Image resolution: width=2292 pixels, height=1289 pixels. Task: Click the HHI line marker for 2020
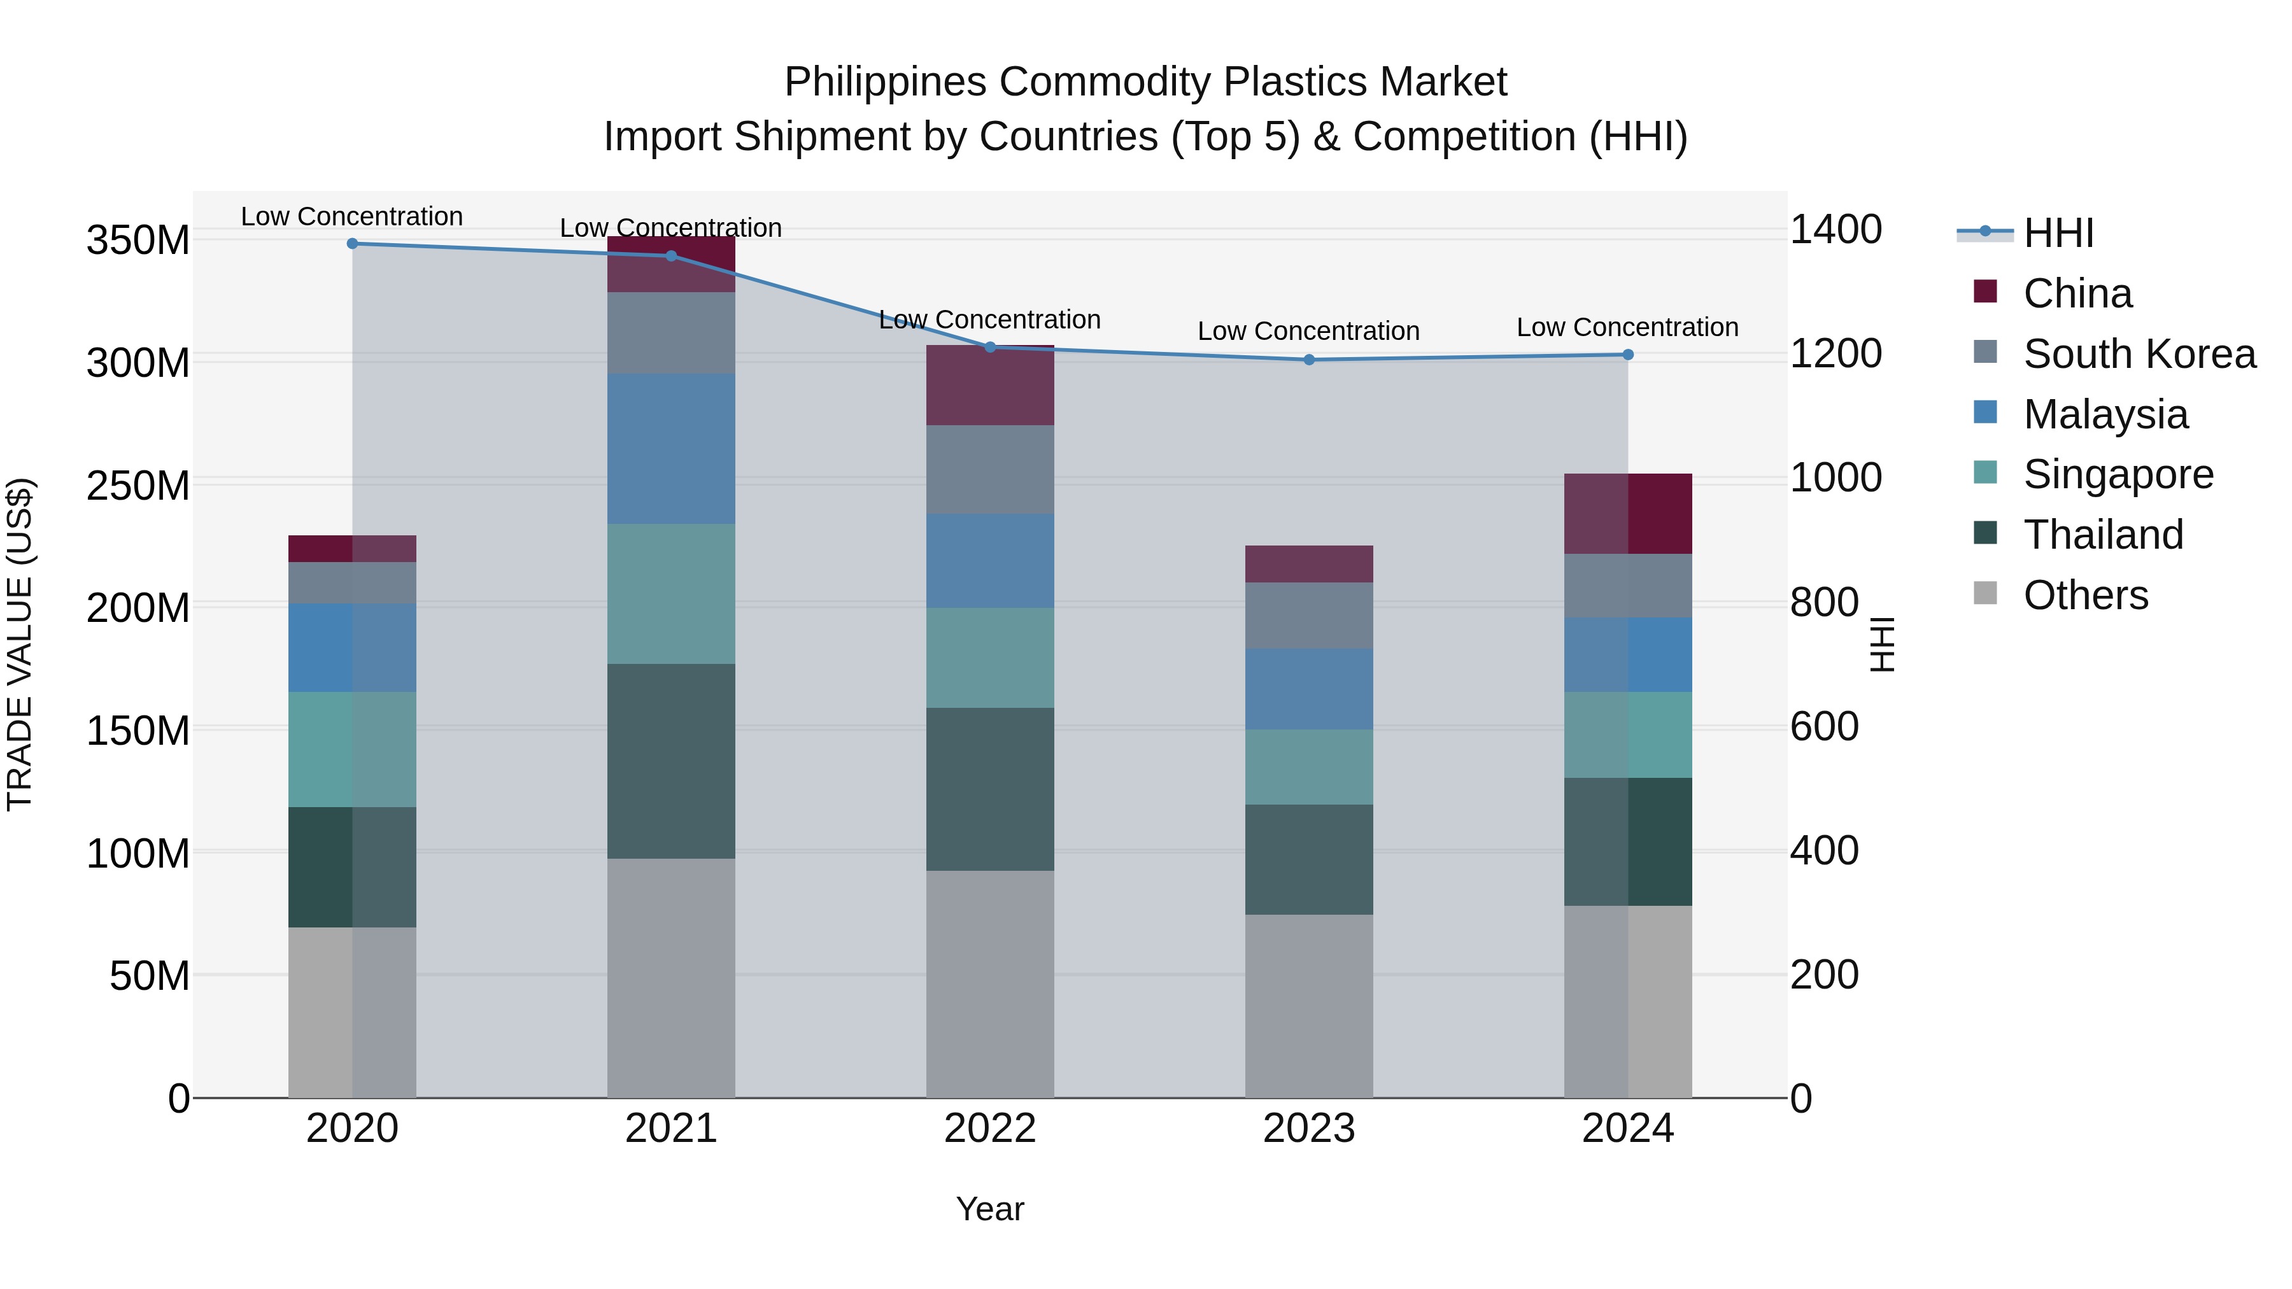352,243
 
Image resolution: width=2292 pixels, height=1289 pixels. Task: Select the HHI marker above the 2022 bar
990,347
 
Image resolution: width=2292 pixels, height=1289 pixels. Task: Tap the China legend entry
2077,293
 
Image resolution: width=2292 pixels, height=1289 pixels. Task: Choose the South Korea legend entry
2139,354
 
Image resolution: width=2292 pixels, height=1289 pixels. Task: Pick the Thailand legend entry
2102,535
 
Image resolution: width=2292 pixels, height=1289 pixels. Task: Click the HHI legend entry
2058,233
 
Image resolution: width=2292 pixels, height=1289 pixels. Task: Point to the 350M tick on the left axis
138,240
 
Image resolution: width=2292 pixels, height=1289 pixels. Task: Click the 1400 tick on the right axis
1835,230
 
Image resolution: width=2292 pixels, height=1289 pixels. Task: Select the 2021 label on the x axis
671,1129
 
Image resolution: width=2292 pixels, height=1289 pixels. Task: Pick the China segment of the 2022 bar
990,385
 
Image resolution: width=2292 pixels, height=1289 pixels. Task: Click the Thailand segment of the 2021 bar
671,761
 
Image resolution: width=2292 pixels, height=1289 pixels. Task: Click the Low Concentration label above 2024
1627,327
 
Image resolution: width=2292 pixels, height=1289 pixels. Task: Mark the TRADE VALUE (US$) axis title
20,644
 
